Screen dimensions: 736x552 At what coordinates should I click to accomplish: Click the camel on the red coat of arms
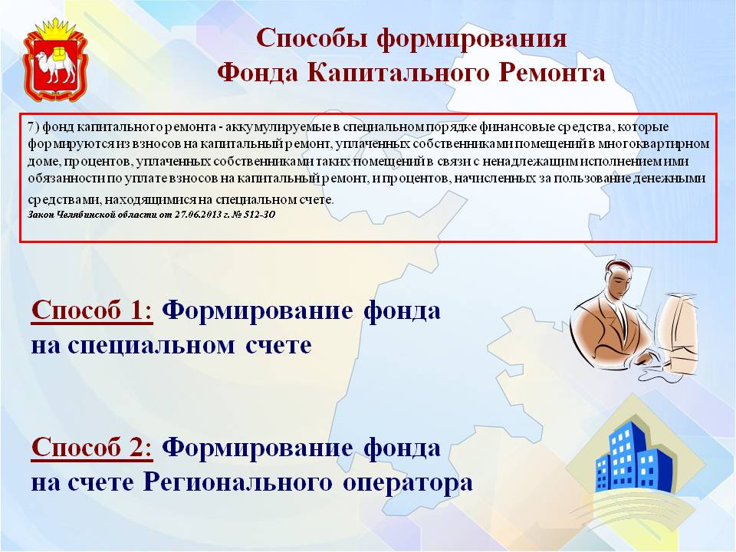56,68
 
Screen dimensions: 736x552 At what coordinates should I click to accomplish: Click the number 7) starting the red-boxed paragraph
33,127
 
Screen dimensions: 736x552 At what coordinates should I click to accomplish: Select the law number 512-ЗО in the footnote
260,215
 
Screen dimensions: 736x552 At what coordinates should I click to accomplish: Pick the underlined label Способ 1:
92,310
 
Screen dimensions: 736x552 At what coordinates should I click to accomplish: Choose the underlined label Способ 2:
92,447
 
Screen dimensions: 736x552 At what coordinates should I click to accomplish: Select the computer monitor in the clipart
678,333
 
